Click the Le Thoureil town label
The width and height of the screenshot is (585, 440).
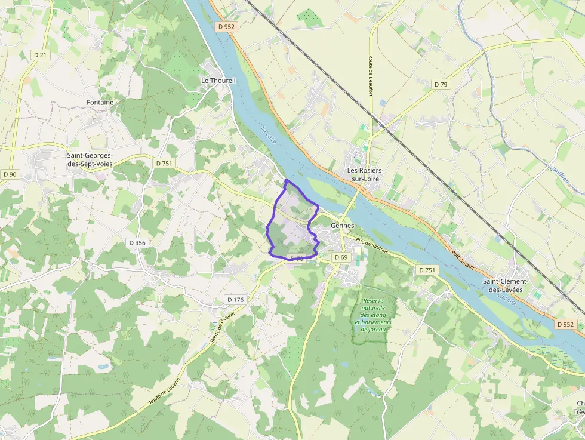[x=218, y=80]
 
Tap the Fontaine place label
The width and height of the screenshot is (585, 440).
[x=100, y=103]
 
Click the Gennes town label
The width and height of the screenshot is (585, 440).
[x=342, y=226]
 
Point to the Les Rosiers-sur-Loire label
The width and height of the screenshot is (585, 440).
[x=365, y=174]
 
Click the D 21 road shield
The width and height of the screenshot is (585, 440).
[x=40, y=54]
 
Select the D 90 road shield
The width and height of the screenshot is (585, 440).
[x=10, y=174]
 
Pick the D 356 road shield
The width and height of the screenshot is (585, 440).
[x=137, y=243]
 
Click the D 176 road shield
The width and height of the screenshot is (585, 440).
[x=235, y=299]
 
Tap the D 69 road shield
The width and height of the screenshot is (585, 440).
[x=340, y=257]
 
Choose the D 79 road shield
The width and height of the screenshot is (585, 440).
[x=441, y=85]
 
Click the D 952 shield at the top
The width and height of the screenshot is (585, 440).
[x=227, y=26]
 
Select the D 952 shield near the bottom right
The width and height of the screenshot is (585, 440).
[x=566, y=324]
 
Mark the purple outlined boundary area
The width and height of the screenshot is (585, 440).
[x=292, y=224]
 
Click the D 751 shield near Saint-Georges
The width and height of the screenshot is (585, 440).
[x=164, y=163]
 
